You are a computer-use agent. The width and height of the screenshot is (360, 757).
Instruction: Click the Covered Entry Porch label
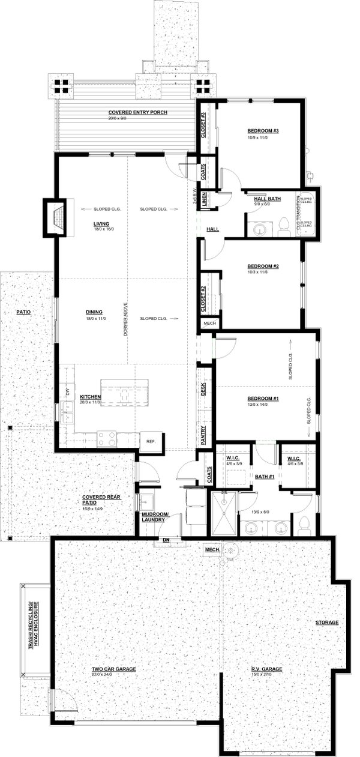137,112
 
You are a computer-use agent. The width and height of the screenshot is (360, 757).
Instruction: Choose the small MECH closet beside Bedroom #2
208,323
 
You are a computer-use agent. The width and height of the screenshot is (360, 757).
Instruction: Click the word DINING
94,312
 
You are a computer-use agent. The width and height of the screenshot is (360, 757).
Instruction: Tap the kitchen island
125,393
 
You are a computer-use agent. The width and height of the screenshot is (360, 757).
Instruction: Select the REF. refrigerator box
151,441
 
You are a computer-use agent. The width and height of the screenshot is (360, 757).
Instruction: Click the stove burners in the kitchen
107,439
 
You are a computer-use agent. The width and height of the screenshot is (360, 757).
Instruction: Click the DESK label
204,390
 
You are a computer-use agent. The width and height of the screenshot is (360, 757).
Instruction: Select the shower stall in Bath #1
222,513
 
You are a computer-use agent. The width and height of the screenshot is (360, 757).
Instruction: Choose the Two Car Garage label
113,669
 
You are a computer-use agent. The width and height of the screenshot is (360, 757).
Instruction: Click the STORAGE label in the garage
327,623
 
